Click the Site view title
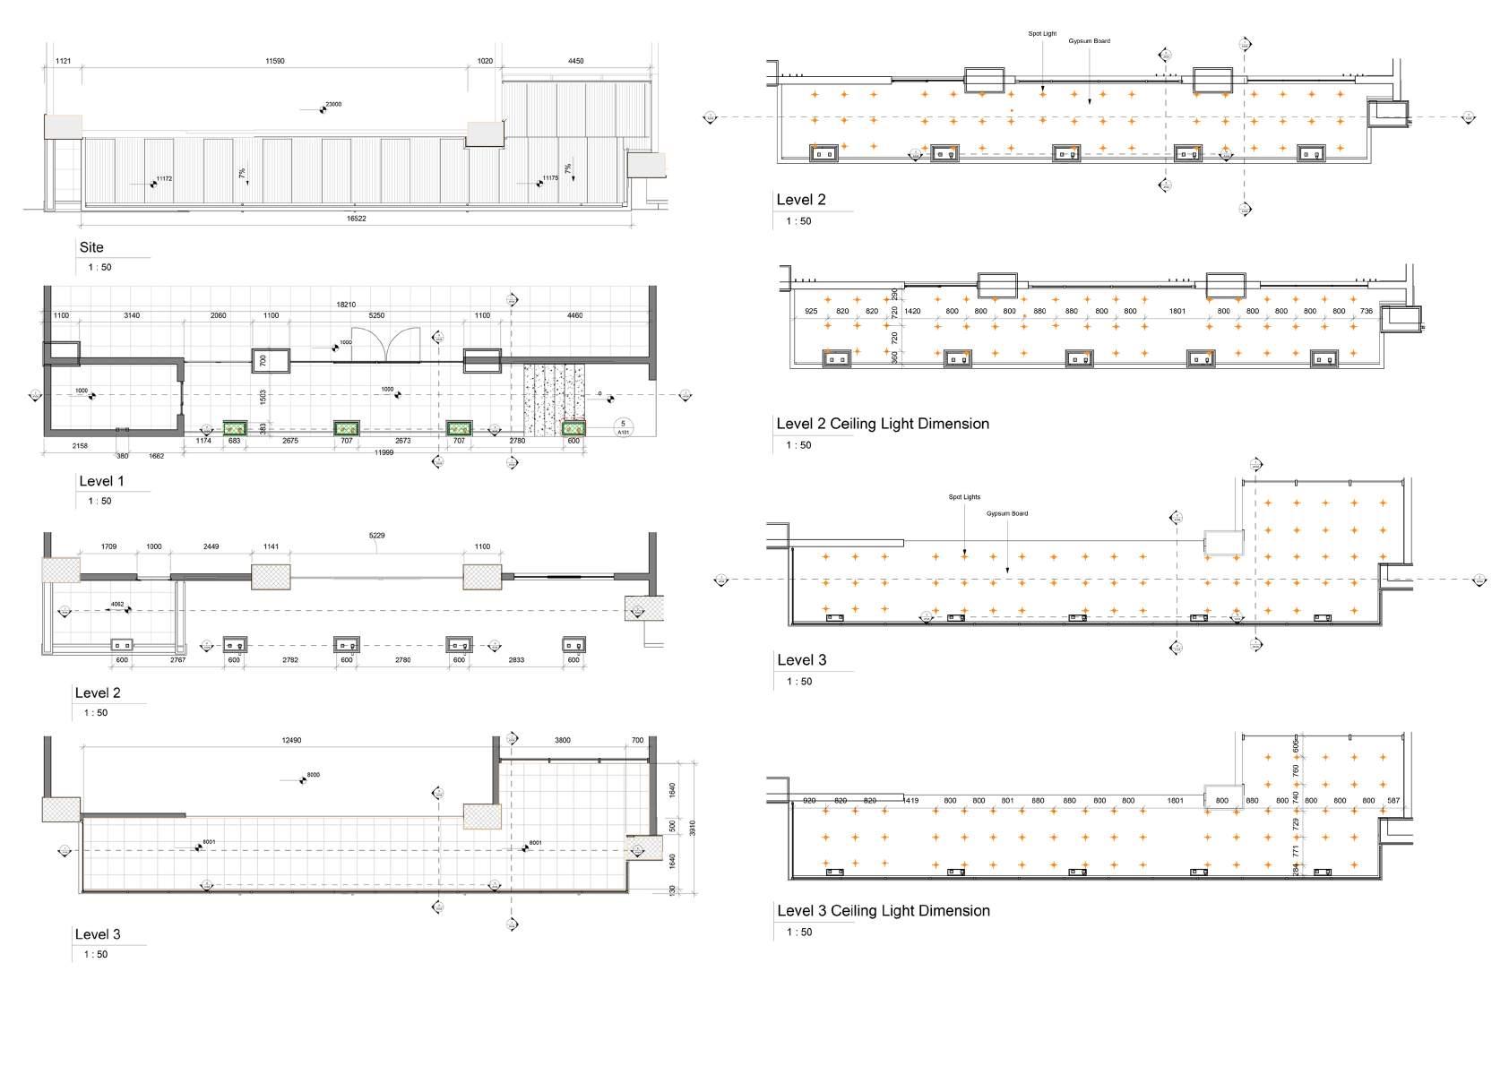coord(91,247)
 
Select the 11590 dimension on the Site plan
coord(275,61)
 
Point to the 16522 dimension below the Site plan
coord(357,219)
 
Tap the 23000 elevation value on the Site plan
coord(333,105)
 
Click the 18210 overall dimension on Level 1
coord(346,305)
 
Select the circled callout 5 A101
coord(623,426)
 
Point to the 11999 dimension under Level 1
coord(384,452)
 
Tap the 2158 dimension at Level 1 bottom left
coord(80,445)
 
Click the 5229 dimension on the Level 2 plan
coord(377,536)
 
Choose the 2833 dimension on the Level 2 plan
coord(516,660)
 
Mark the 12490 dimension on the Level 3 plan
coord(291,741)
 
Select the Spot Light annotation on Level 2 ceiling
coord(1042,34)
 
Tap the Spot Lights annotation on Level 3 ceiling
coord(964,497)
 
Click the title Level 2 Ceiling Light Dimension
coord(883,424)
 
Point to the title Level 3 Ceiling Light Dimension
coord(883,911)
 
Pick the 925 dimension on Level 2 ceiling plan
coord(811,312)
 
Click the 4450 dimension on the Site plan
coord(576,61)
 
